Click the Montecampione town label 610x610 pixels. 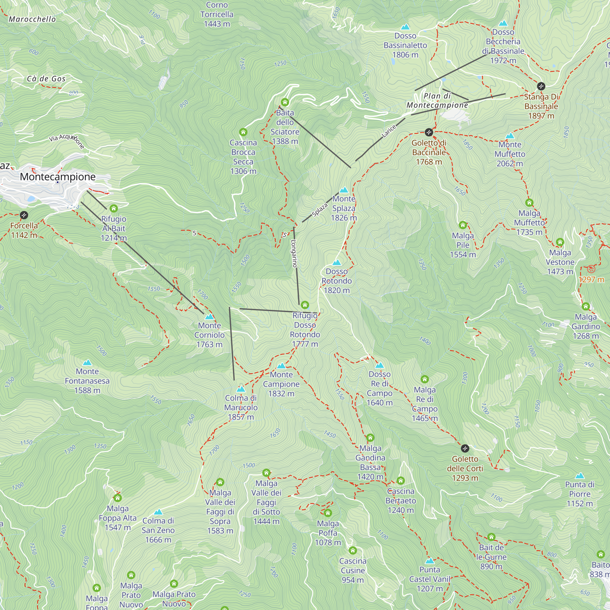point(57,177)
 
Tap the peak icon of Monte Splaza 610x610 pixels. point(343,190)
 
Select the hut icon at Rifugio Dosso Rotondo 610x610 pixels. point(305,305)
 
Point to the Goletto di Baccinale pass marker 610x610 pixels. point(429,132)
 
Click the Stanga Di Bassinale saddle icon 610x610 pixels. point(541,86)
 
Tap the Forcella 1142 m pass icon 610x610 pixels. point(24,215)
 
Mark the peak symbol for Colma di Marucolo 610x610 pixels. point(241,389)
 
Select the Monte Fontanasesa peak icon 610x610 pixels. point(87,362)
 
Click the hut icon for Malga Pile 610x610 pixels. point(463,225)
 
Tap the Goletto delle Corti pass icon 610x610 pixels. point(465,448)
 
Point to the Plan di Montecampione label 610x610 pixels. point(437,100)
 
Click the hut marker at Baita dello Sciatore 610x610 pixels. point(285,102)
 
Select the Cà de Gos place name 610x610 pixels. point(46,79)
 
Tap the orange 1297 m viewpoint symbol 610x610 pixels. point(591,269)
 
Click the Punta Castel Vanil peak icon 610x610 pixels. point(429,561)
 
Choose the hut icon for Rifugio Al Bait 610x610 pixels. point(114,208)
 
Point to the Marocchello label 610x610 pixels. point(32,19)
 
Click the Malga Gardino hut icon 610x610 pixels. point(585,306)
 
